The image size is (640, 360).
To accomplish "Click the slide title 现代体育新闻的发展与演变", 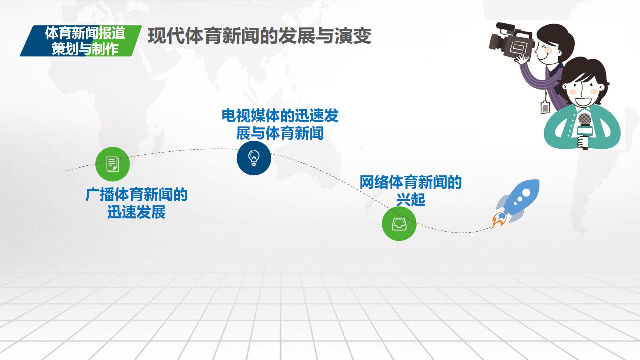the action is (259, 36).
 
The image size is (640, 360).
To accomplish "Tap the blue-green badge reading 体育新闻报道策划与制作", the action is (81, 41).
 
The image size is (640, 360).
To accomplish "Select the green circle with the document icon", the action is (112, 164).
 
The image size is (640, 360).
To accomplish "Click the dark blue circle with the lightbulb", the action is (254, 158).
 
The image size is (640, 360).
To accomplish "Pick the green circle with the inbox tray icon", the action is (399, 223).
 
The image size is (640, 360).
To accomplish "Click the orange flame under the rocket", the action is (498, 221).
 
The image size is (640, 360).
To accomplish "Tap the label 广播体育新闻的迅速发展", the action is (136, 203).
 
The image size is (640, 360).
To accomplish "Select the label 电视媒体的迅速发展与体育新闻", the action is (280, 124).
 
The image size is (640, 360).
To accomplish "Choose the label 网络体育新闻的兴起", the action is (410, 191).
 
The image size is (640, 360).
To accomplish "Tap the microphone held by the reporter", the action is (584, 131).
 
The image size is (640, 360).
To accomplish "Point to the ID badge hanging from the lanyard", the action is (545, 107).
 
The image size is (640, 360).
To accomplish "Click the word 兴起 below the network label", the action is (411, 199).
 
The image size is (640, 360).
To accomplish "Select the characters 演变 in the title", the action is (353, 36).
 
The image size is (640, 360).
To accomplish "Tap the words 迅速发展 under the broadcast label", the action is (136, 212).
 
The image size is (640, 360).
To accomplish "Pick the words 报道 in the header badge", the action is (111, 33).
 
